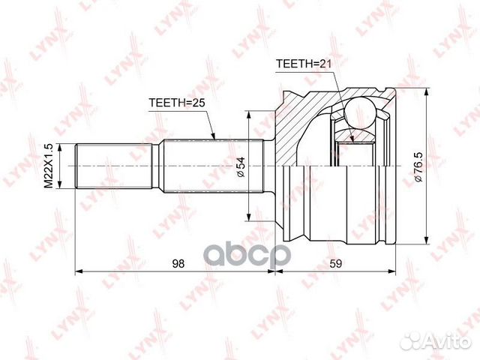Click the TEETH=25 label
click(177, 103)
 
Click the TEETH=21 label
click(304, 63)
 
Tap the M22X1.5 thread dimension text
click(48, 166)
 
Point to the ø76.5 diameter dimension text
click(418, 167)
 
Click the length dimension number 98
click(178, 263)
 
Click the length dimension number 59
click(335, 263)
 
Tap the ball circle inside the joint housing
click(359, 112)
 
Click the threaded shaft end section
click(113, 166)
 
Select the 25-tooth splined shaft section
click(213, 166)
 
